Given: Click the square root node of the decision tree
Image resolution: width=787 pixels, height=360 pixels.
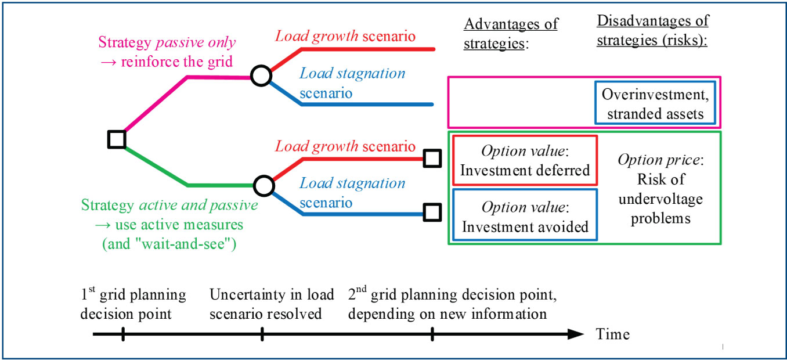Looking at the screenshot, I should point(117,139).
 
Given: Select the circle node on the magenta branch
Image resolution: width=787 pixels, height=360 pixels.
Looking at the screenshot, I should point(261,76).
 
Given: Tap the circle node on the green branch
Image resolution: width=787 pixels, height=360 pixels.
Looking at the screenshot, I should point(264,186).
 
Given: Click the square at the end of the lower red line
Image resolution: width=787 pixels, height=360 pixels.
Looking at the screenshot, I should point(432,158).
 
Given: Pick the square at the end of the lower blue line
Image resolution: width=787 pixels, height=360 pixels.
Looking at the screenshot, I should point(432,213).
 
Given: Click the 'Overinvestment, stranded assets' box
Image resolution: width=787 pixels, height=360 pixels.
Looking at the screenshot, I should point(654,103).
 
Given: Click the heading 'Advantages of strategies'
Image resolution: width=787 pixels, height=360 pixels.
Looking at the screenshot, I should point(511,34).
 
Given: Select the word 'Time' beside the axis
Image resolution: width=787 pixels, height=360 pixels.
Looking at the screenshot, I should point(612,334).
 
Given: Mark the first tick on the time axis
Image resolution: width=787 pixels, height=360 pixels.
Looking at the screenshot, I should point(123,334).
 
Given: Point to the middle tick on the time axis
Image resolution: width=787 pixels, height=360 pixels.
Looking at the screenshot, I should point(262,334).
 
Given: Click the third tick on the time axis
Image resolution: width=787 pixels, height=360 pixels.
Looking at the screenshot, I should point(432,334).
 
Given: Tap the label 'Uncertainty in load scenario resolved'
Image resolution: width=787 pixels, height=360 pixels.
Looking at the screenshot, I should point(272,304).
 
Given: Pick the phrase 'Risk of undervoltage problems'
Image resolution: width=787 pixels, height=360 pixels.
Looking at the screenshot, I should point(660,199).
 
